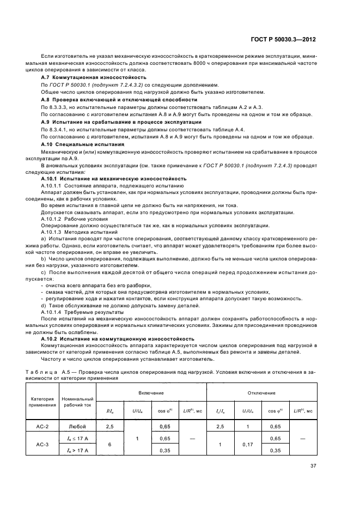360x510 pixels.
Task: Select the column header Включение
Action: click(x=149, y=393)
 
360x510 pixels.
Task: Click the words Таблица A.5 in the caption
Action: click(x=58, y=371)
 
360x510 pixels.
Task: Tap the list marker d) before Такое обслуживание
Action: click(x=44, y=305)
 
